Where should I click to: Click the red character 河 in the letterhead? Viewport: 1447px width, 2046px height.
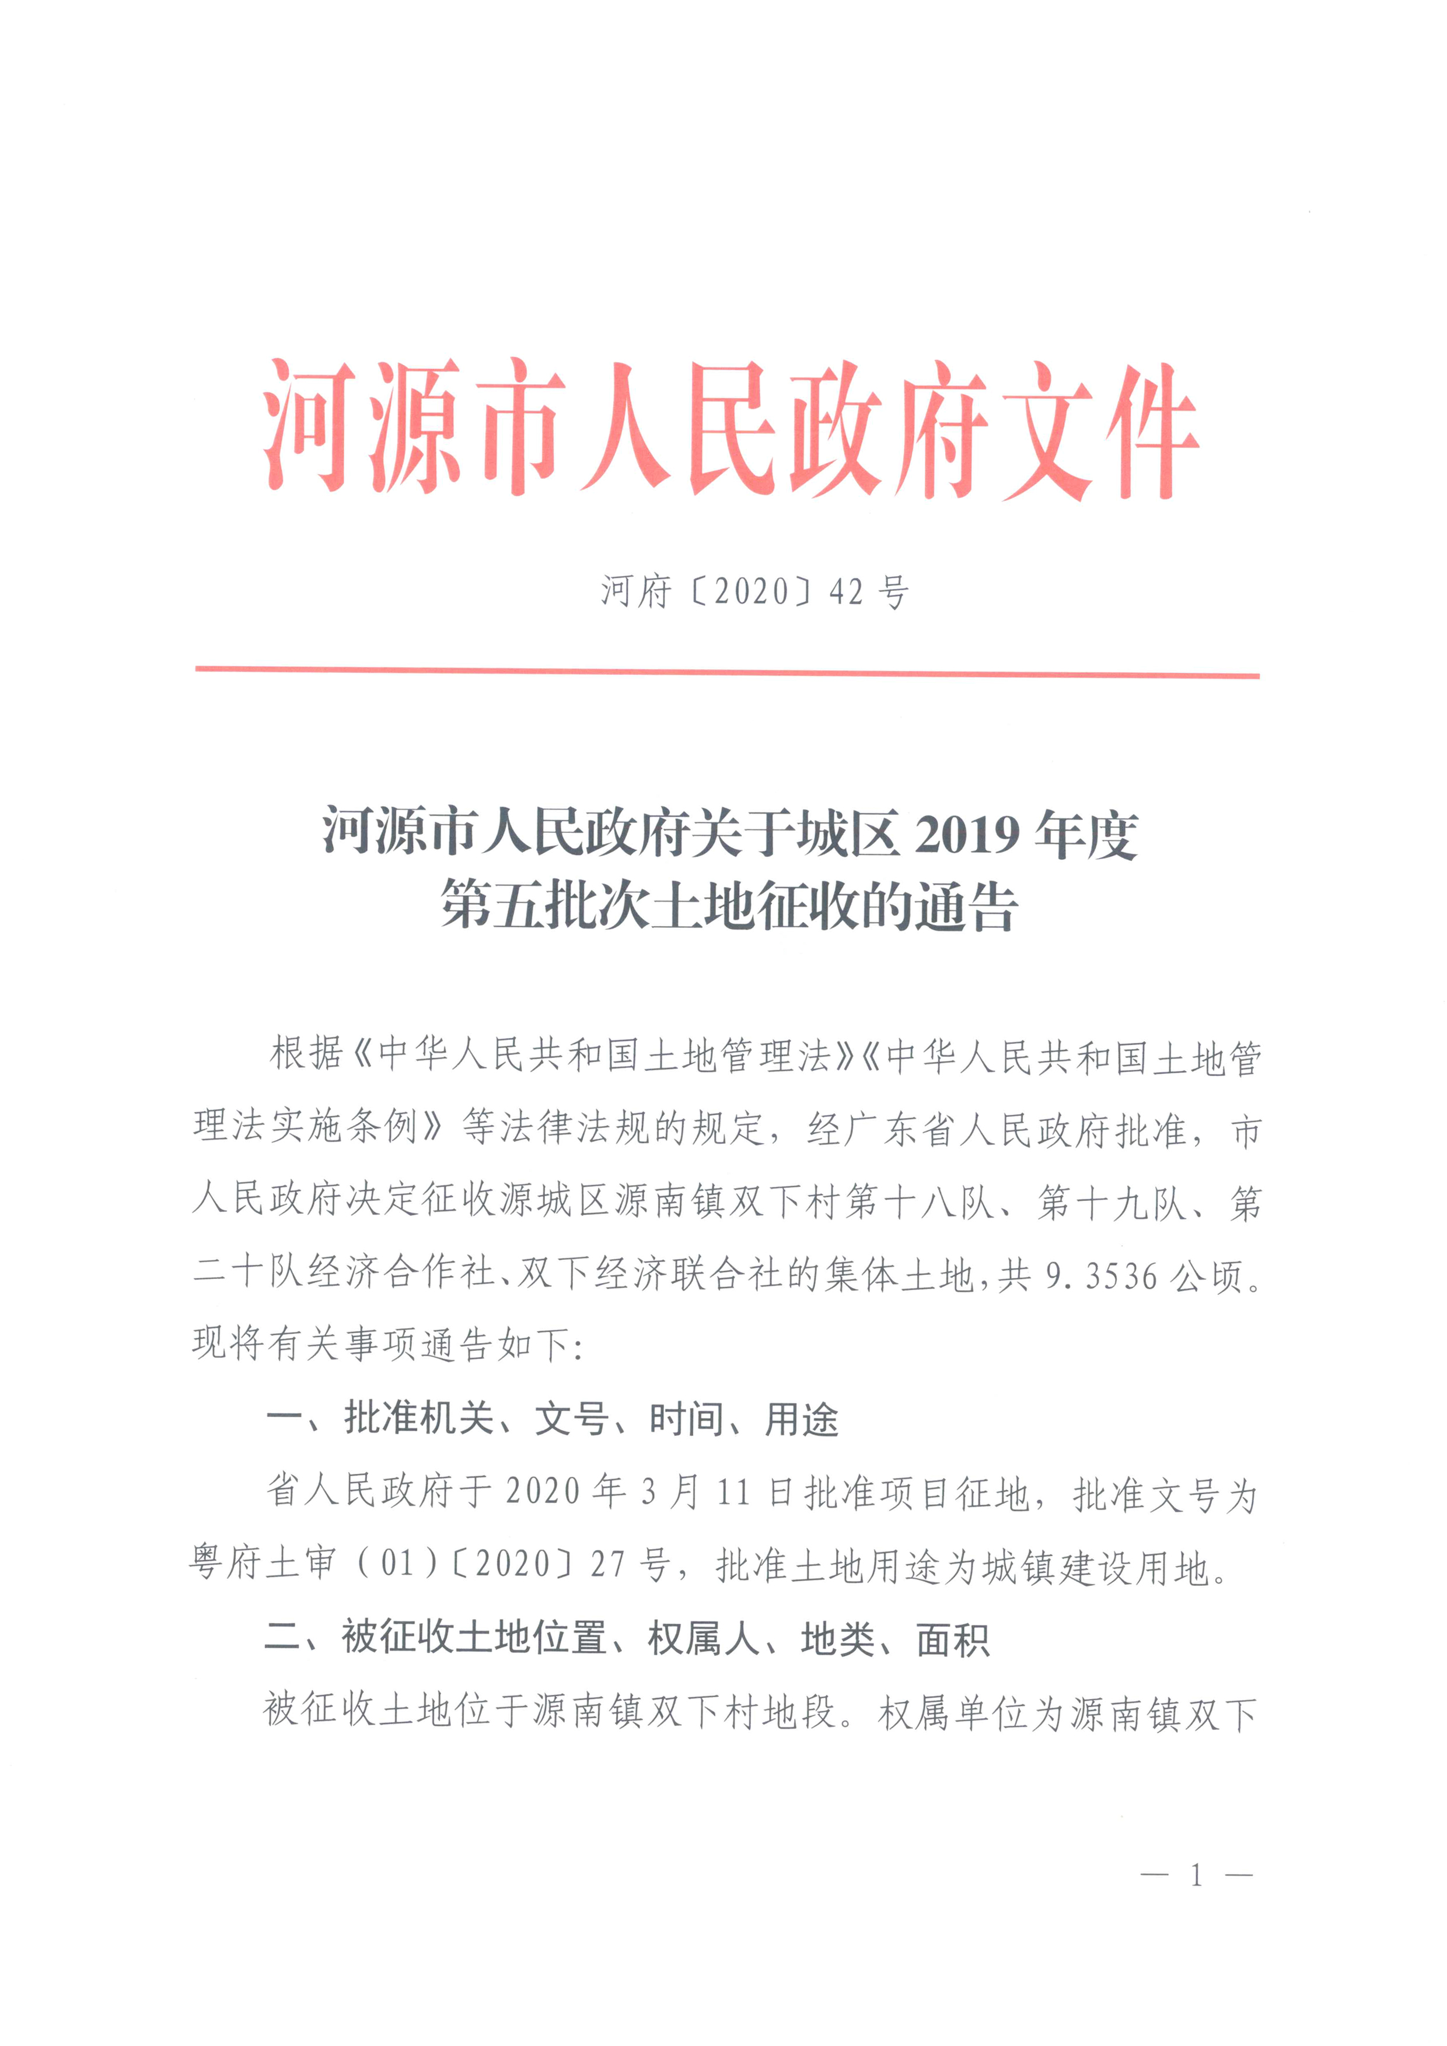[x=307, y=426]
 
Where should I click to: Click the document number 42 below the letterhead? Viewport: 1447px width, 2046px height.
[x=846, y=592]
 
